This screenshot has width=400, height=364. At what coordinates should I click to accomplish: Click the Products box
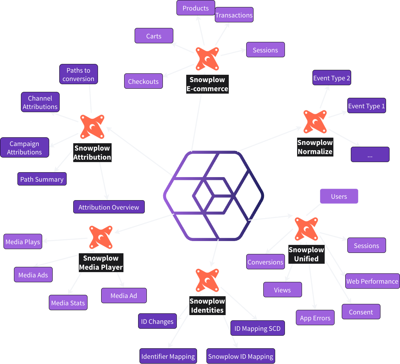click(x=196, y=8)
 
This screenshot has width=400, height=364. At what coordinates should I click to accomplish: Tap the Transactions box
click(x=234, y=15)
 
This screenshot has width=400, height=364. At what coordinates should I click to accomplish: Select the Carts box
click(x=154, y=36)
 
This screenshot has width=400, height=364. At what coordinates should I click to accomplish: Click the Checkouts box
click(x=143, y=81)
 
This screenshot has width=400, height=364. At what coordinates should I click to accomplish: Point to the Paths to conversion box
click(x=78, y=74)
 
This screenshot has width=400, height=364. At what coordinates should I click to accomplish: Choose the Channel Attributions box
click(x=40, y=102)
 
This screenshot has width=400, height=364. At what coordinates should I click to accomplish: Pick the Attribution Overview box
click(x=109, y=207)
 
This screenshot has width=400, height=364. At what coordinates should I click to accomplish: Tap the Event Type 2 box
click(x=332, y=78)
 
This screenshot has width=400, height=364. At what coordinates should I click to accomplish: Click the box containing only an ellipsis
click(x=370, y=155)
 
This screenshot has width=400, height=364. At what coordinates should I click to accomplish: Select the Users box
click(x=339, y=196)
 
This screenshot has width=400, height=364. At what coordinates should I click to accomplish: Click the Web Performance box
click(x=372, y=281)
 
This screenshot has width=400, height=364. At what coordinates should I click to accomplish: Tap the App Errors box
click(x=315, y=318)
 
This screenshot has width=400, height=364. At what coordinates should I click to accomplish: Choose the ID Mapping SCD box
click(x=257, y=328)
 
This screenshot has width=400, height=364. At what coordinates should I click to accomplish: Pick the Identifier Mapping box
click(x=168, y=356)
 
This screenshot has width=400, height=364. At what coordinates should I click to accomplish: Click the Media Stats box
click(x=68, y=303)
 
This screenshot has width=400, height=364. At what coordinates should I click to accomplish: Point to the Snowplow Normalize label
click(x=315, y=147)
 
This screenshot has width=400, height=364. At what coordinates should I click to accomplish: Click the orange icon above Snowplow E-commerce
click(x=207, y=59)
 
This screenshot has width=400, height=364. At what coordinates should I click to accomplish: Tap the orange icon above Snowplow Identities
click(x=207, y=280)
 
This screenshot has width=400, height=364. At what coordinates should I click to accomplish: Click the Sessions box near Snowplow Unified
click(x=367, y=246)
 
